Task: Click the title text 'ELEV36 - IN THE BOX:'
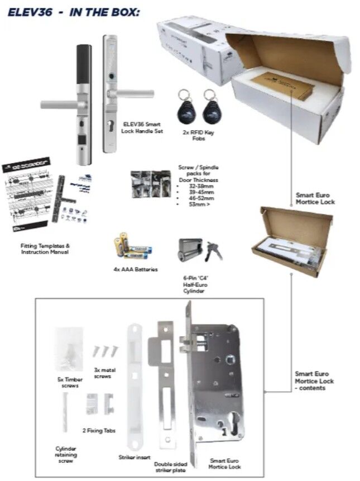73,12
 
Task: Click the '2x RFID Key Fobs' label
198,135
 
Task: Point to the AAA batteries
132,246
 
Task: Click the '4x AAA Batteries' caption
135,269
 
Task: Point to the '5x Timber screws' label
70,382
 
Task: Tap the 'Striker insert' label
135,457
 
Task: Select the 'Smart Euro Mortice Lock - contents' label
314,380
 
